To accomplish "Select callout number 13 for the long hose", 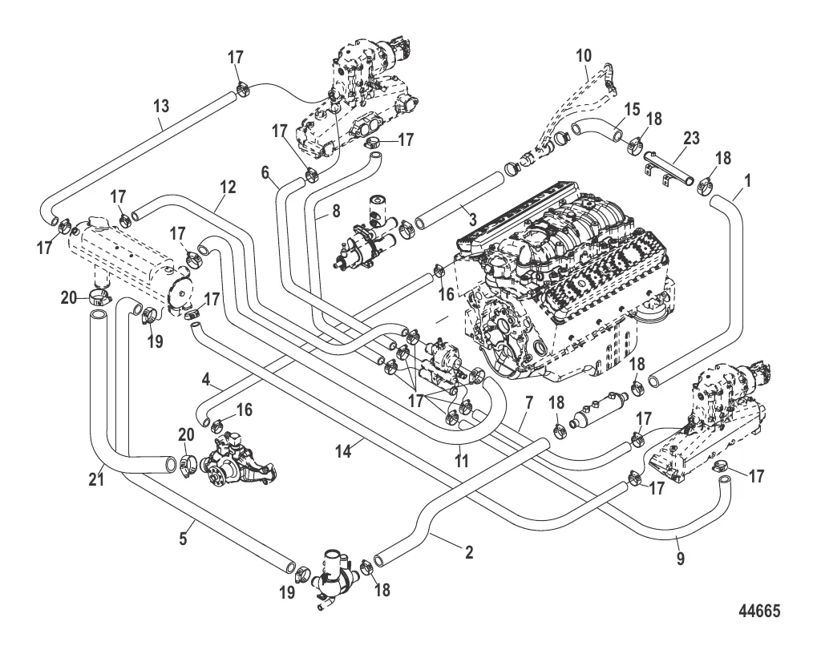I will (x=161, y=106).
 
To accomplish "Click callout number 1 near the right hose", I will (x=747, y=181).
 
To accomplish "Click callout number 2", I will (x=469, y=552).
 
